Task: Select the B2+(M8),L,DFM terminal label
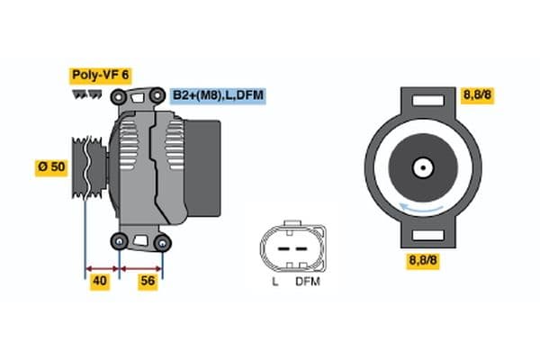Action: tap(217, 95)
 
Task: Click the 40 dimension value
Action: tap(101, 283)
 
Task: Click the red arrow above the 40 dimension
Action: tap(102, 268)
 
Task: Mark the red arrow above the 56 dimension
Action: tap(141, 268)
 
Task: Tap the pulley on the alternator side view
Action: tap(86, 167)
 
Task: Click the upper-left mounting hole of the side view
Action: tap(121, 94)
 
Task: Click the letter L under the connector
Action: tap(275, 282)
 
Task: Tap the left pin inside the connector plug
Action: tap(283, 246)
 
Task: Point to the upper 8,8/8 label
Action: tap(476, 95)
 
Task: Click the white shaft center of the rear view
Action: tap(421, 167)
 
